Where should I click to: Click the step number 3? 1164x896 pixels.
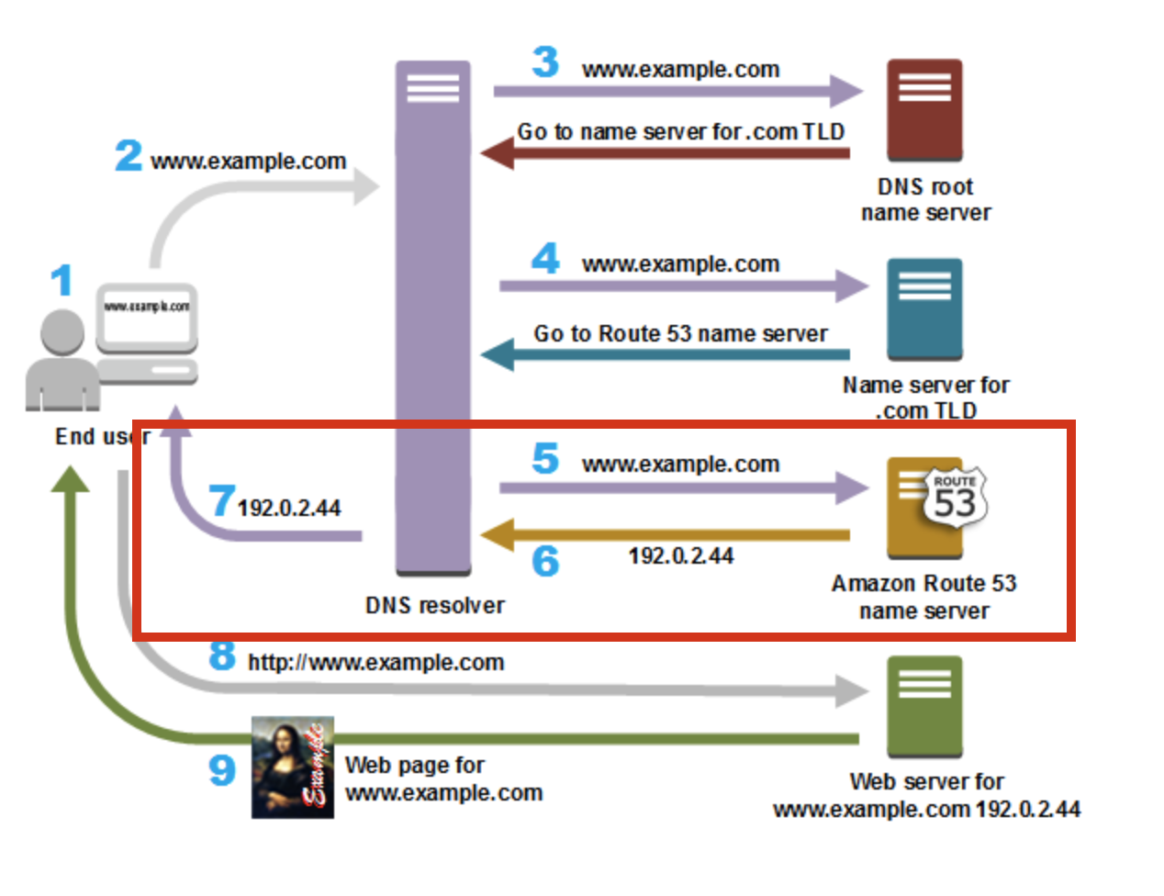click(x=545, y=62)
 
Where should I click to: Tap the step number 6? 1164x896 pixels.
click(x=545, y=560)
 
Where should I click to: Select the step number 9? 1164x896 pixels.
click(x=221, y=769)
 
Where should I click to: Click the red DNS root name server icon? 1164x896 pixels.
click(x=924, y=109)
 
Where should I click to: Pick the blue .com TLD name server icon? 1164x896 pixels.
click(x=924, y=308)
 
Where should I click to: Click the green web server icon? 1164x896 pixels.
click(x=924, y=706)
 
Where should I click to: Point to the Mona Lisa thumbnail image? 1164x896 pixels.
click(x=293, y=767)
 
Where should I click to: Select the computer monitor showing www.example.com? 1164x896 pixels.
click(x=147, y=318)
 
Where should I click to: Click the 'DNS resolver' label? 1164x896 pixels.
click(x=434, y=606)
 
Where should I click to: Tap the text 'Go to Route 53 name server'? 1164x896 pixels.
click(x=680, y=334)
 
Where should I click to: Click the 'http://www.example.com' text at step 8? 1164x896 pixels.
click(x=375, y=663)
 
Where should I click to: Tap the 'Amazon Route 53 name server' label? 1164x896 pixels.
click(x=924, y=597)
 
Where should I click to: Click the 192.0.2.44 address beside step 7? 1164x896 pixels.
click(x=289, y=508)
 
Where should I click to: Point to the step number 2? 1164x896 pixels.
click(x=129, y=155)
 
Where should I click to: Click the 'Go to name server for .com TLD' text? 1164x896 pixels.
click(x=680, y=132)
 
